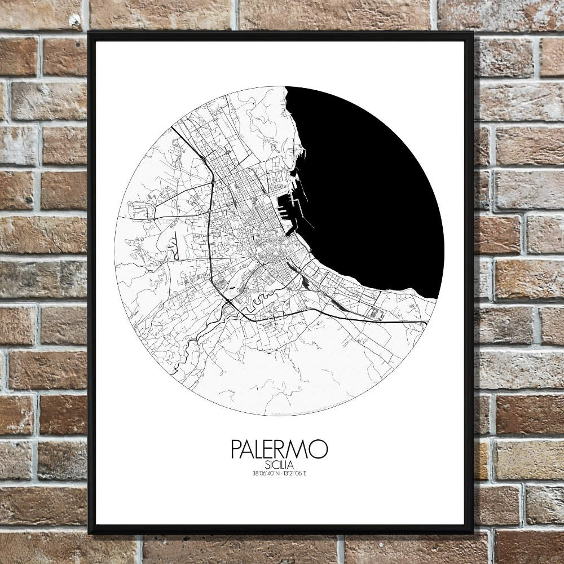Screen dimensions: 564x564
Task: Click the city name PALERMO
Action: tap(279, 450)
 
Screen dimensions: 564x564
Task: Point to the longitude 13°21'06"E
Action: tap(294, 472)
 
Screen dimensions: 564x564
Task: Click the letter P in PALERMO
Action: tap(236, 450)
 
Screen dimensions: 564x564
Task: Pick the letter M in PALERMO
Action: tap(301, 450)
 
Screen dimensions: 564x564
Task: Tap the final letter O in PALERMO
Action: tap(319, 450)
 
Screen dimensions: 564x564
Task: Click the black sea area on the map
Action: tap(372, 186)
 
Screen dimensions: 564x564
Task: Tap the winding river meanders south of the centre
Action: tap(261, 299)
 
